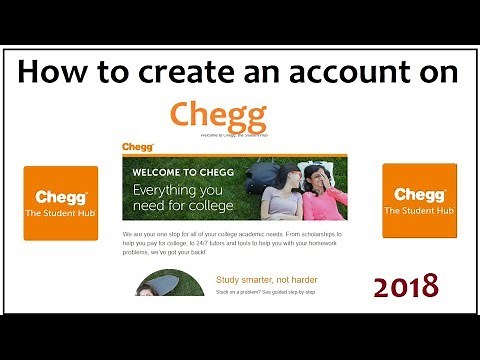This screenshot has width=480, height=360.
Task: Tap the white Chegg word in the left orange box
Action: pyautogui.click(x=61, y=197)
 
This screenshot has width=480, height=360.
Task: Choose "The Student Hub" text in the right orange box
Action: pyautogui.click(x=420, y=211)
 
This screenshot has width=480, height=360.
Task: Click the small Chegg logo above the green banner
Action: pyautogui.click(x=136, y=147)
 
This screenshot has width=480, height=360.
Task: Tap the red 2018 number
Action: pyautogui.click(x=406, y=286)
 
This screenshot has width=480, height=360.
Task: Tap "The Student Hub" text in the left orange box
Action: pyautogui.click(x=61, y=214)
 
